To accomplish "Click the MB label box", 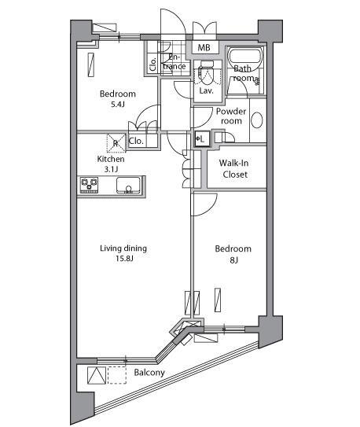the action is (204, 48).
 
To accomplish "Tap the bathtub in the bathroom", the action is (245, 57).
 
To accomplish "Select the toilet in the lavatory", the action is (206, 72).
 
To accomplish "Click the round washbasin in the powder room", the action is (256, 120).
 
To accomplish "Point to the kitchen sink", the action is (128, 185).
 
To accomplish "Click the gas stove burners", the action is (89, 184).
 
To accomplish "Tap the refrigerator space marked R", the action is (116, 142).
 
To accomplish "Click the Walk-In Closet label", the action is (234, 168).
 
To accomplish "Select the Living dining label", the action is (123, 248).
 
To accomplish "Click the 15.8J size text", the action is (124, 258).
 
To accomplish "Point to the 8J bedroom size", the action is (233, 260).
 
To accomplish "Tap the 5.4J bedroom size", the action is (118, 104).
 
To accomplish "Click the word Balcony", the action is (149, 373).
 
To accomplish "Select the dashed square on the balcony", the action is (117, 375).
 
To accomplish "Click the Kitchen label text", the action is (111, 159).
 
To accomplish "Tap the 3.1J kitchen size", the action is (111, 169).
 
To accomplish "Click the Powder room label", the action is (231, 116).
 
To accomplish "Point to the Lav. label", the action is (206, 90).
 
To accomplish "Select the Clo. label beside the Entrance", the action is (153, 64).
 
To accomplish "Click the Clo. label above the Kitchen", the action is (136, 141).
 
